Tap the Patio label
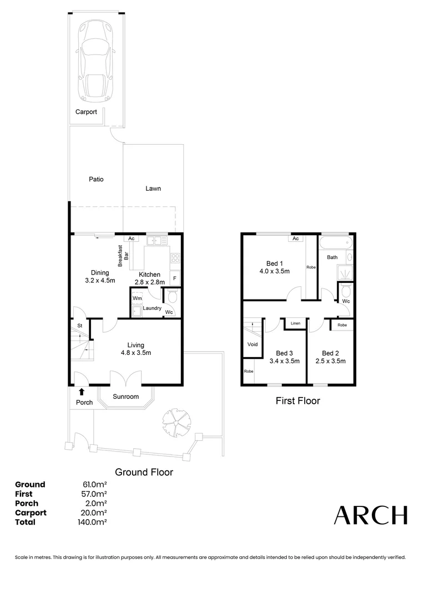96,179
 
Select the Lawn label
153,189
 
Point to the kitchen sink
157,241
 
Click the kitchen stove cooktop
175,257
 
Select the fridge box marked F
175,278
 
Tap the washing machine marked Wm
137,298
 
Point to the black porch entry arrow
82,392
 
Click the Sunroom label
126,397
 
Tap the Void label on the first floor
253,344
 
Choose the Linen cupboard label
295,323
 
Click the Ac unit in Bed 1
295,238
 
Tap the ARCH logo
370,515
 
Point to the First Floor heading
297,400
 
